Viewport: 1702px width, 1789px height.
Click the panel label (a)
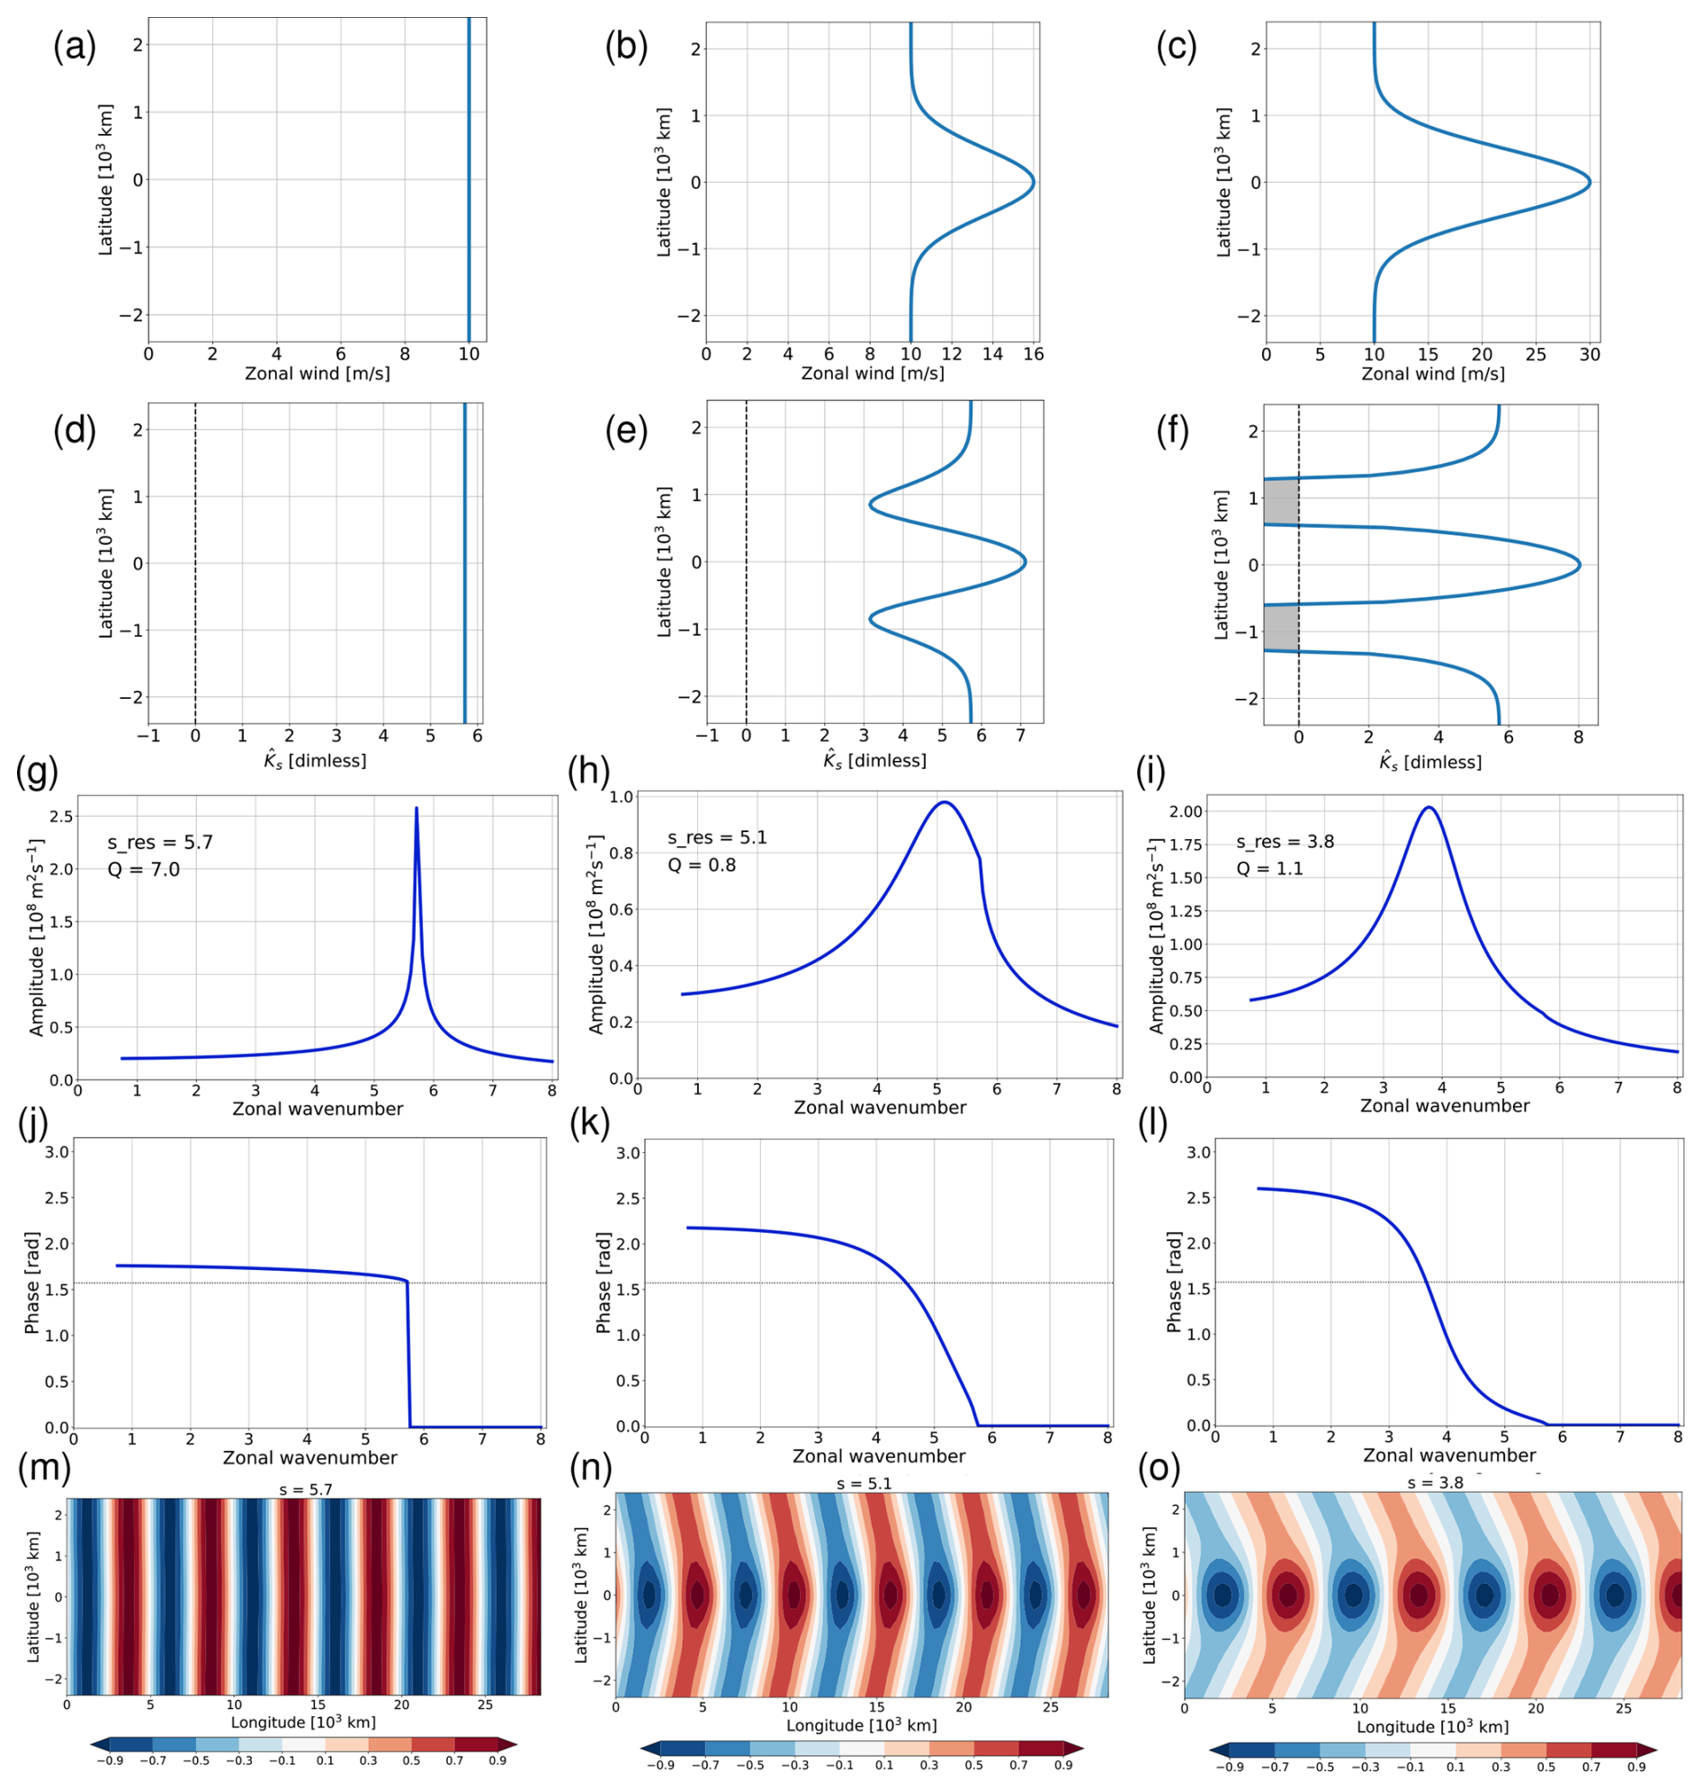(x=75, y=46)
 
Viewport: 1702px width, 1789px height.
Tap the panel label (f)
(x=1177, y=431)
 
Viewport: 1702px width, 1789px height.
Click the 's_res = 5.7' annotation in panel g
(x=160, y=842)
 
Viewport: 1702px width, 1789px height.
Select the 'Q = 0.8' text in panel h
(x=702, y=864)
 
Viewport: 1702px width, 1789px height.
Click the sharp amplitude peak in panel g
(x=417, y=810)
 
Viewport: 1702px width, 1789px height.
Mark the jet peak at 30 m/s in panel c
(x=1589, y=183)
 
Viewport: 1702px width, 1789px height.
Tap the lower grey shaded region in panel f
(x=1280, y=628)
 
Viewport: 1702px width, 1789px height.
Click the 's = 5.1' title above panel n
(x=864, y=1483)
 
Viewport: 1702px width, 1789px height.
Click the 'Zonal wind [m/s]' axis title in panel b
(x=872, y=373)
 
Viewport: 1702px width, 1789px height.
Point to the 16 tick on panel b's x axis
(x=1034, y=353)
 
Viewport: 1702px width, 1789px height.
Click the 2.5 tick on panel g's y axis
(x=62, y=817)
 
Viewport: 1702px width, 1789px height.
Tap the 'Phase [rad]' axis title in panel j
(x=31, y=1283)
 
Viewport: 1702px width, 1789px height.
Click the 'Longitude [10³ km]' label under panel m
(x=303, y=1722)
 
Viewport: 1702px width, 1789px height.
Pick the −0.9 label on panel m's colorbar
(x=112, y=1760)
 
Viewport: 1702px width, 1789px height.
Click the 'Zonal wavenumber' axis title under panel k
(x=878, y=1456)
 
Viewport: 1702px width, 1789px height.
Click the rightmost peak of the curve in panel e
(x=1025, y=561)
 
